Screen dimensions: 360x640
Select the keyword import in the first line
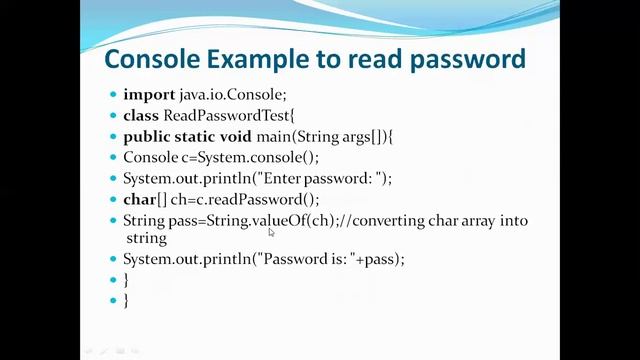click(x=149, y=95)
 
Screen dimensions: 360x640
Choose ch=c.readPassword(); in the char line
click(x=241, y=199)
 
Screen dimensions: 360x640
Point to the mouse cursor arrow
click(x=271, y=232)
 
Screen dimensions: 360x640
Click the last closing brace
click(x=126, y=300)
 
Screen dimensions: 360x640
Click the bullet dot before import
click(x=113, y=96)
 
